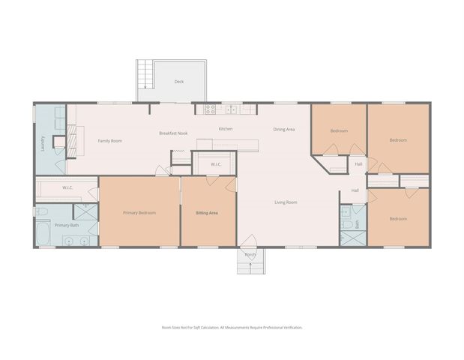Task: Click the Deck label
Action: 178,82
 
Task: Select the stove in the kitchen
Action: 211,109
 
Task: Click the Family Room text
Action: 110,141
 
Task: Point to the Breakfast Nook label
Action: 172,133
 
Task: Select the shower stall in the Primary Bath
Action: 87,212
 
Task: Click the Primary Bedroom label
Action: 139,213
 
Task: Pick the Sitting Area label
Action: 206,213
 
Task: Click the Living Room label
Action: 286,202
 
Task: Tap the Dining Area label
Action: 283,130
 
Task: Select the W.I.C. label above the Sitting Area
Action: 215,164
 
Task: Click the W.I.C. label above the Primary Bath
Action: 67,187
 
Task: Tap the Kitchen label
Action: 226,129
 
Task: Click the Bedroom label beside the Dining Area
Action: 339,131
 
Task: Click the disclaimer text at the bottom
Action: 232,327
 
